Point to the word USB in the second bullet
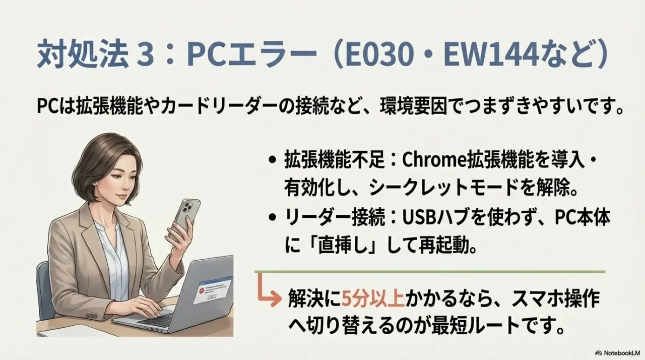[415, 218]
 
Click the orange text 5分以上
[373, 299]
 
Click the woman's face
[122, 176]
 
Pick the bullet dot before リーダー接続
[273, 219]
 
